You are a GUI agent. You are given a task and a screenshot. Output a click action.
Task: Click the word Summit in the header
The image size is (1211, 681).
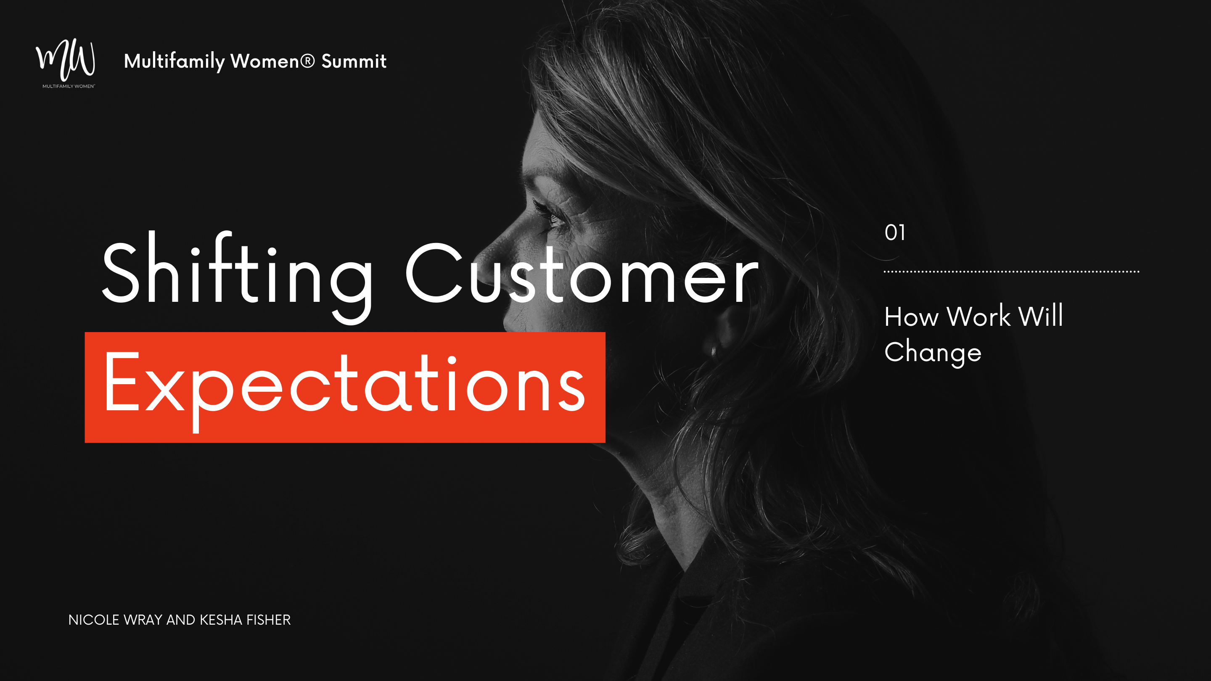[354, 61]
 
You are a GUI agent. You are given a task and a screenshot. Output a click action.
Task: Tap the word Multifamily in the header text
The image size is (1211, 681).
[174, 61]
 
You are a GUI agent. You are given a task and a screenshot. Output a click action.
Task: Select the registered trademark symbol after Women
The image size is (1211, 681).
[307, 61]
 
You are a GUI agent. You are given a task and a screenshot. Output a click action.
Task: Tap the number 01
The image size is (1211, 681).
[895, 232]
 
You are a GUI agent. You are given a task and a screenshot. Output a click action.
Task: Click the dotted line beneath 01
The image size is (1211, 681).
[1011, 272]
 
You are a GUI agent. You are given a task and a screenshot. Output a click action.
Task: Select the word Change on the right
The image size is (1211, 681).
[933, 353]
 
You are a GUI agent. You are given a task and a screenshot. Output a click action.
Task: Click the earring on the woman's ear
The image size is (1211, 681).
[714, 351]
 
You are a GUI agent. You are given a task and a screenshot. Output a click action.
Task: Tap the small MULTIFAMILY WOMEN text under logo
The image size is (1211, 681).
[69, 87]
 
